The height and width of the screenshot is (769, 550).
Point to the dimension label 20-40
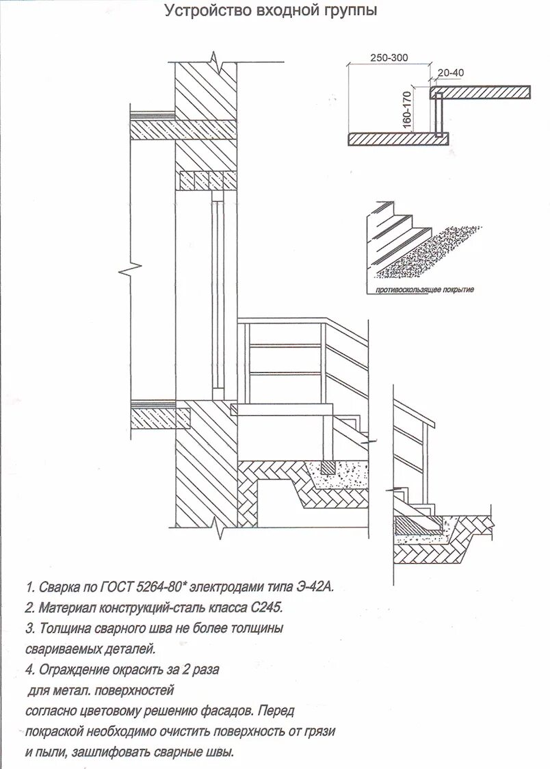[x=449, y=72]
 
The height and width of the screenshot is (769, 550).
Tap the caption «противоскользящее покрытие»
[x=424, y=290]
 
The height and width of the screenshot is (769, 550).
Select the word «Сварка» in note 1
[x=59, y=587]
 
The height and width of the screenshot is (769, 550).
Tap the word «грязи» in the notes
[x=319, y=731]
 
